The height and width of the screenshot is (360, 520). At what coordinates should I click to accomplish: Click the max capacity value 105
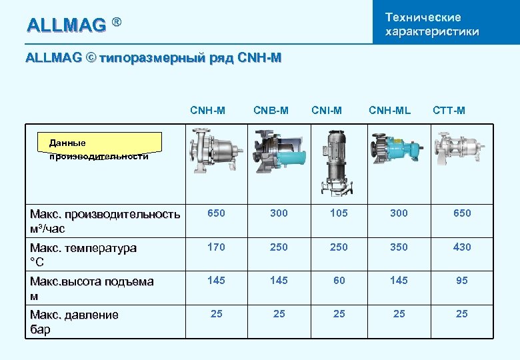[x=339, y=213]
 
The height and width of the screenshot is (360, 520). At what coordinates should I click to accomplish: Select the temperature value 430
[x=462, y=247]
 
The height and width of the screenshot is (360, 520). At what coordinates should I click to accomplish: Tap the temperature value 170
[x=216, y=247]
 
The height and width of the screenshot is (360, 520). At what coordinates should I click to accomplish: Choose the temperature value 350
[x=399, y=247]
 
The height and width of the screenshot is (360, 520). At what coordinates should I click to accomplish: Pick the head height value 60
[x=339, y=281]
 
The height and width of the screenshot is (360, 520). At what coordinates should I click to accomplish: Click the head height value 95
[x=462, y=281]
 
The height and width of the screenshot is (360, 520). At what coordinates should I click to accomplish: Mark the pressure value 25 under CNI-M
[x=339, y=313]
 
